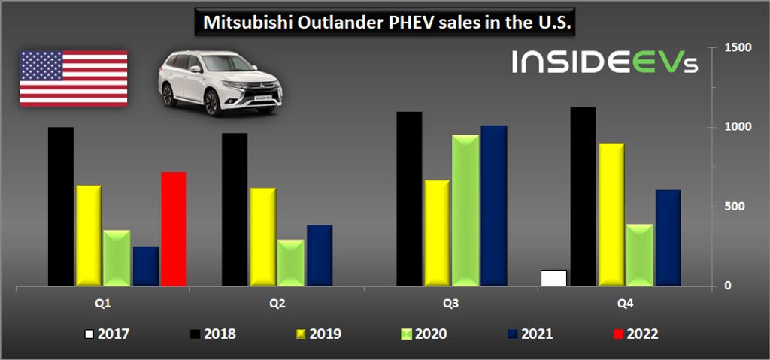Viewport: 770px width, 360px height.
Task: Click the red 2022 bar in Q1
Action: pyautogui.click(x=174, y=229)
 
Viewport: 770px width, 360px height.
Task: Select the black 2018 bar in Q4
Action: pyautogui.click(x=583, y=196)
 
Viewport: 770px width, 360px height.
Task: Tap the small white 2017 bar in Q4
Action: pyautogui.click(x=553, y=278)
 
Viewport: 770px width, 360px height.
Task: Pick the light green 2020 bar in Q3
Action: pyautogui.click(x=465, y=210)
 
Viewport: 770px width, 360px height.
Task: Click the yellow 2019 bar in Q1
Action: pyautogui.click(x=88, y=235)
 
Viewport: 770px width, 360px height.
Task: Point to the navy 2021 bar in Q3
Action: pyautogui.click(x=494, y=205)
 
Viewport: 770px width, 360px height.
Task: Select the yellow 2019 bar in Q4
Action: pyautogui.click(x=611, y=214)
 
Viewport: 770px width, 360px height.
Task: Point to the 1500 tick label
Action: pyautogui.click(x=738, y=47)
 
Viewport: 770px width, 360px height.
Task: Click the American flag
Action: pyautogui.click(x=74, y=77)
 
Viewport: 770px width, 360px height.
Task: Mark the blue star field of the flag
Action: pyautogui.click(x=41, y=65)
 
